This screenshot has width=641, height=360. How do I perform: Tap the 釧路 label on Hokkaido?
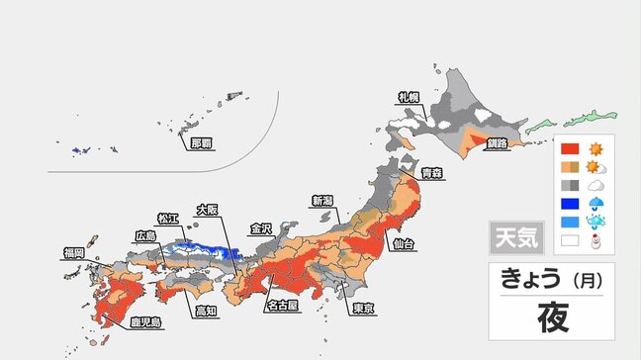(497, 143)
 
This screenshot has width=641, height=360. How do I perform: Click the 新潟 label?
(323, 200)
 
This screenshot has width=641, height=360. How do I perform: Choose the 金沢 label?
(261, 227)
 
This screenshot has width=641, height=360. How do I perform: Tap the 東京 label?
(363, 309)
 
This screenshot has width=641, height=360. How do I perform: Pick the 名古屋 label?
(282, 306)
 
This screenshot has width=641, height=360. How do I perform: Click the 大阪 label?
(207, 209)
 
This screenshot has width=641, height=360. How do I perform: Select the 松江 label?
(168, 219)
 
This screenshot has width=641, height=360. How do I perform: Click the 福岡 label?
(72, 253)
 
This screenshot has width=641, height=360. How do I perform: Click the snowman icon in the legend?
(596, 239)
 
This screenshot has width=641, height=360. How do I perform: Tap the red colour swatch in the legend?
(569, 149)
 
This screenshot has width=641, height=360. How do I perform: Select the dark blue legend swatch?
(569, 203)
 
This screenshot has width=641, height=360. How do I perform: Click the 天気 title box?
(510, 237)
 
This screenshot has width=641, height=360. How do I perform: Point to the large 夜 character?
(551, 318)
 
